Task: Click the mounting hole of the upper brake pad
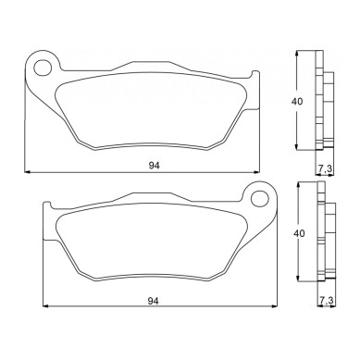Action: (x=43, y=68)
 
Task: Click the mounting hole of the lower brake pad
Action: (x=260, y=199)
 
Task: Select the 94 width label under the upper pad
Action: (x=155, y=166)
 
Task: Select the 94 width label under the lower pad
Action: (x=154, y=301)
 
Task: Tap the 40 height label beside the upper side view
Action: (x=297, y=101)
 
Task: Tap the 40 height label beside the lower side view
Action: (x=298, y=233)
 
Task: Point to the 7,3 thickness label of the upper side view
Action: (x=325, y=168)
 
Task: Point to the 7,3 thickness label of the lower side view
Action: (x=327, y=300)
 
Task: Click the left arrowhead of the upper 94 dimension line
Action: (x=27, y=172)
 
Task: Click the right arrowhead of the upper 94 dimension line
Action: (x=256, y=172)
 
